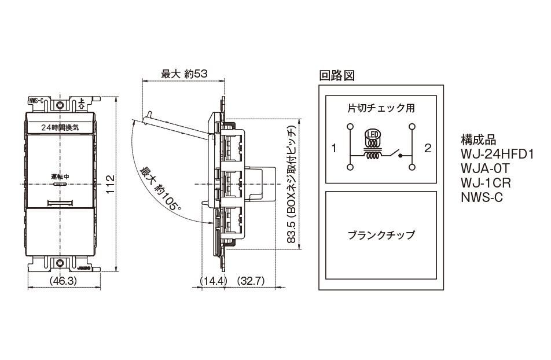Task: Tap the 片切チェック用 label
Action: click(381, 108)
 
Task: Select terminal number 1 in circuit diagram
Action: click(334, 148)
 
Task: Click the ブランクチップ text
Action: click(381, 236)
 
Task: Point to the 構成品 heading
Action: click(478, 141)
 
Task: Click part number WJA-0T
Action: click(485, 170)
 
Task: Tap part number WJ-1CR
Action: click(486, 183)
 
